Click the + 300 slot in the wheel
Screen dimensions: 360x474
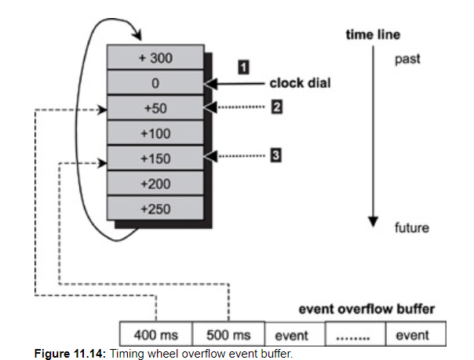[155, 58]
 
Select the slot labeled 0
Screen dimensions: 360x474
[155, 83]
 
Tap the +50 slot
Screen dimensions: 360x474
[155, 107]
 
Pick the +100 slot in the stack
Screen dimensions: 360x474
[155, 133]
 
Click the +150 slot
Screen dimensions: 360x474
[155, 158]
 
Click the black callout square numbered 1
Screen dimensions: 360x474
[244, 67]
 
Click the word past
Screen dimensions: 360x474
[407, 59]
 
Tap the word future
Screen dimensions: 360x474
[411, 228]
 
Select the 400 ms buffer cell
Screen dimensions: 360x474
[155, 334]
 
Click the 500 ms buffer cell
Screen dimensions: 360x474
[228, 334]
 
